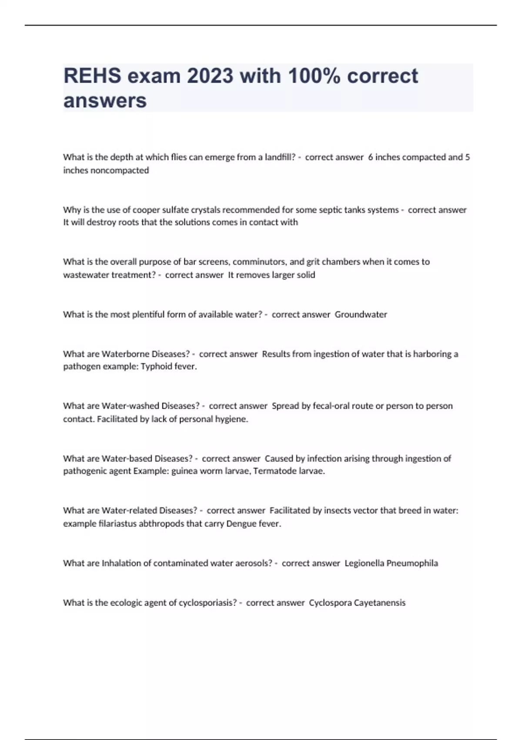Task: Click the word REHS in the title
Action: tap(92, 76)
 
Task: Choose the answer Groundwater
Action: tap(361, 315)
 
